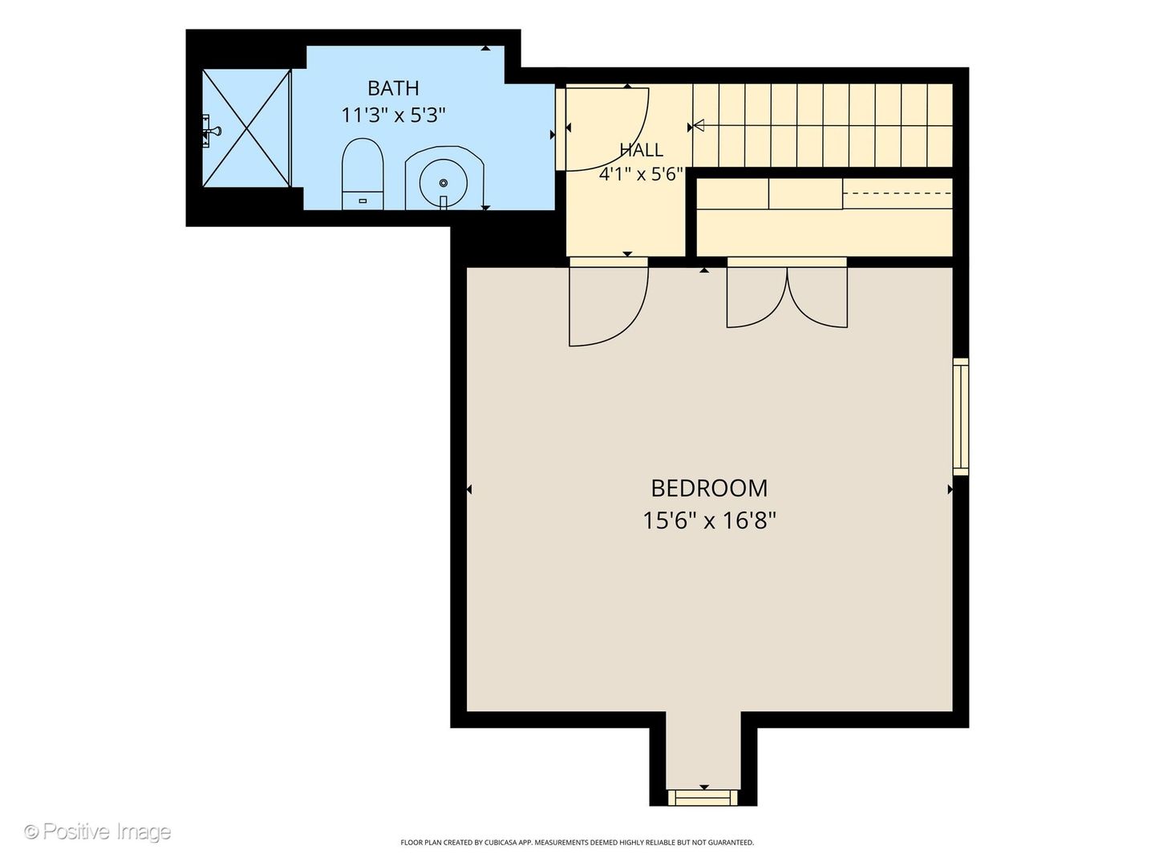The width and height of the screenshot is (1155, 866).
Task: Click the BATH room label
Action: click(x=393, y=88)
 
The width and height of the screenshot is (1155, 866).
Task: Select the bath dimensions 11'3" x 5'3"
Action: click(x=393, y=115)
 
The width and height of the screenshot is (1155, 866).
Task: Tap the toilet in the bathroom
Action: click(x=363, y=174)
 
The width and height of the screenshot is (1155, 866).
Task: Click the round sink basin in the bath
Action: click(x=443, y=183)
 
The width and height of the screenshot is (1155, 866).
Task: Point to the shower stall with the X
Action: click(x=246, y=127)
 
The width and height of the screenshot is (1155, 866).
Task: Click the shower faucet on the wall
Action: click(x=212, y=131)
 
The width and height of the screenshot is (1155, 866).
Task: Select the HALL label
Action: click(x=641, y=151)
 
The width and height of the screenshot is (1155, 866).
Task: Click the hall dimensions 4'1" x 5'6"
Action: click(x=641, y=174)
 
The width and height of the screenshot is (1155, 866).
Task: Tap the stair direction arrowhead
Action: click(x=699, y=126)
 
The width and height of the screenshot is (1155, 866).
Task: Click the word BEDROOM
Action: click(x=709, y=488)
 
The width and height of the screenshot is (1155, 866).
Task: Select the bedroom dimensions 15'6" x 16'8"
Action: click(x=709, y=521)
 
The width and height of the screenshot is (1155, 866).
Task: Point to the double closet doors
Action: click(x=787, y=297)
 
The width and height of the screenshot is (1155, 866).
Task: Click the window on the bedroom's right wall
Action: click(x=961, y=416)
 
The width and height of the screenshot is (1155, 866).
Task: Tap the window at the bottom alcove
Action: click(x=703, y=811)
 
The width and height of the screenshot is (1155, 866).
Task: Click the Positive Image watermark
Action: click(x=98, y=832)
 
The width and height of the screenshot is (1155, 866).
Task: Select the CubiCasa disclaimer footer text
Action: click(x=577, y=842)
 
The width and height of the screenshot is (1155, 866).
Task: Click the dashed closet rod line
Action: click(x=898, y=193)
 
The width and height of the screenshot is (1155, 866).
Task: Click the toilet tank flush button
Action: click(x=363, y=200)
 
